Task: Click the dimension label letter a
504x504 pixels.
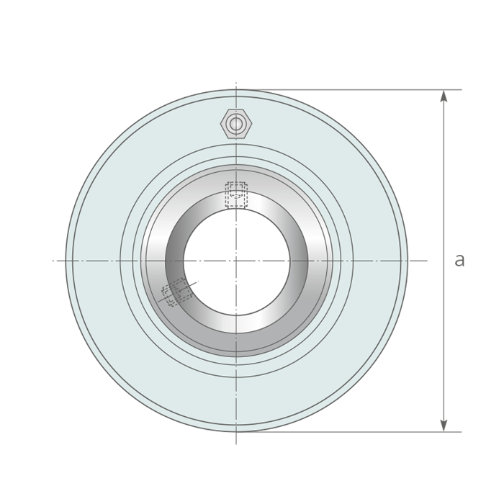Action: click(x=459, y=260)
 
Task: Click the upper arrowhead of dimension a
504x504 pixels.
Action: click(x=444, y=96)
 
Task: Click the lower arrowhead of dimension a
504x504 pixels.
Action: click(x=444, y=426)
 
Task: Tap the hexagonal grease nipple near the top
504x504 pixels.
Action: click(x=236, y=124)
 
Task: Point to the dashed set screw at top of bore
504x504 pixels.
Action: click(x=236, y=194)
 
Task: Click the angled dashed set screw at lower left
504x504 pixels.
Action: click(x=176, y=292)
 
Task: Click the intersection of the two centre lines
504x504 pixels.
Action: click(x=236, y=261)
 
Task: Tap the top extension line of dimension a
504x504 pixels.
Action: click(x=348, y=90)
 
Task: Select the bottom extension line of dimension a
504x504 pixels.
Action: click(x=348, y=432)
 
